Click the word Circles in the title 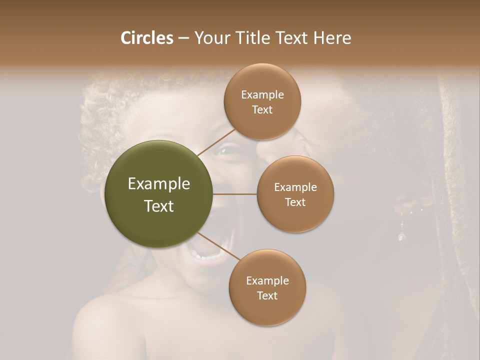click(x=146, y=38)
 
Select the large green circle click(x=159, y=194)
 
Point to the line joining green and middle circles click(x=235, y=194)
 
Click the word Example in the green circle click(x=159, y=184)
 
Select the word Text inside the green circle click(x=159, y=206)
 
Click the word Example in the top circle click(x=262, y=94)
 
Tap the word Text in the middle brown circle click(x=295, y=202)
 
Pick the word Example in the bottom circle click(x=267, y=280)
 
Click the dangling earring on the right click(x=401, y=234)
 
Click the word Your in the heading click(x=210, y=38)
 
